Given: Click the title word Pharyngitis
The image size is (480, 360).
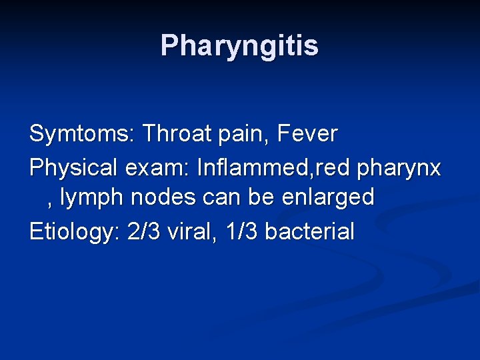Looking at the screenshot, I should [239, 45].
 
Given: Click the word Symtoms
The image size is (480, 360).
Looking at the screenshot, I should [79, 134].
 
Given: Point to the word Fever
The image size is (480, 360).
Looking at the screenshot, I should [308, 134].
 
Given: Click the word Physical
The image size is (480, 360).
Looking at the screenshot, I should [71, 168].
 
